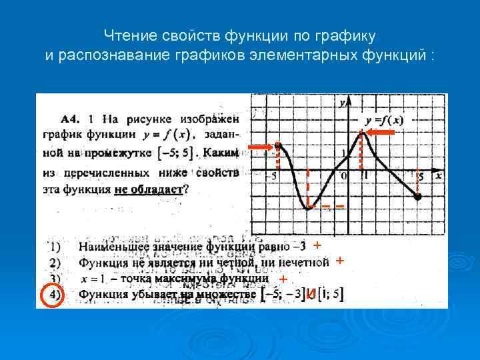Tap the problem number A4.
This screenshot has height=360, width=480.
point(71,119)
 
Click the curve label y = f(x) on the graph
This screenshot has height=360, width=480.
point(383,120)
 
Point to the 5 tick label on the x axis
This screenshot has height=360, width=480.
point(420,177)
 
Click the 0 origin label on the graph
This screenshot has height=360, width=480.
point(343,177)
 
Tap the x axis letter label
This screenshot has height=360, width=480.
point(438,176)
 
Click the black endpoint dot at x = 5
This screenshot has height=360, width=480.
point(418,197)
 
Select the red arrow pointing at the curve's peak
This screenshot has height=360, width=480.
point(383,133)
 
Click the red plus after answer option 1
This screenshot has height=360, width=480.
point(317,245)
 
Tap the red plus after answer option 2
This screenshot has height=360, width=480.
point(339,261)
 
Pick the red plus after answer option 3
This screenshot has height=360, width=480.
point(283,278)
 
